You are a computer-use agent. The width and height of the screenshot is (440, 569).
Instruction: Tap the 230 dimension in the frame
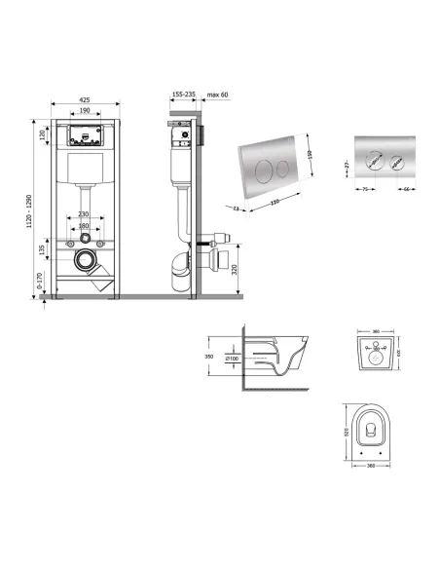click(x=84, y=215)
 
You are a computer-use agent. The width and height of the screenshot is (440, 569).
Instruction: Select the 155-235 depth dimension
click(x=183, y=95)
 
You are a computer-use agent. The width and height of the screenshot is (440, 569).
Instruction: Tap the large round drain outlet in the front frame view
click(x=87, y=260)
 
